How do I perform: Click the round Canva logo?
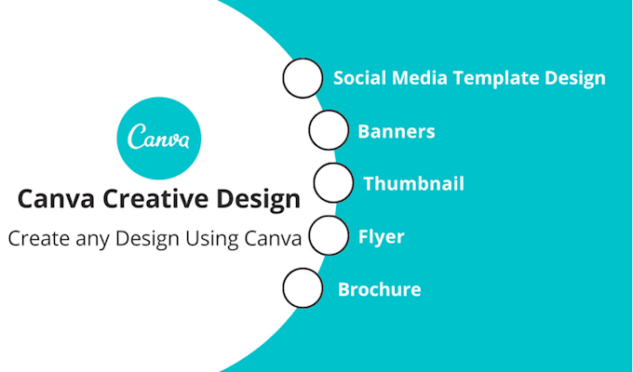click(x=157, y=139)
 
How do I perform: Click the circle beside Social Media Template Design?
click(x=301, y=78)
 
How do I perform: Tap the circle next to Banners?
click(x=327, y=130)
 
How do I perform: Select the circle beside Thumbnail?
click(x=332, y=182)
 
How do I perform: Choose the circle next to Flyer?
click(x=328, y=235)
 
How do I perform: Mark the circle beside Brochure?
click(x=302, y=288)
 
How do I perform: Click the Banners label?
click(x=397, y=131)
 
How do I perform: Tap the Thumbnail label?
click(x=413, y=183)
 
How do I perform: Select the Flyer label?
click(x=382, y=236)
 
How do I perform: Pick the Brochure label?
click(x=379, y=289)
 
